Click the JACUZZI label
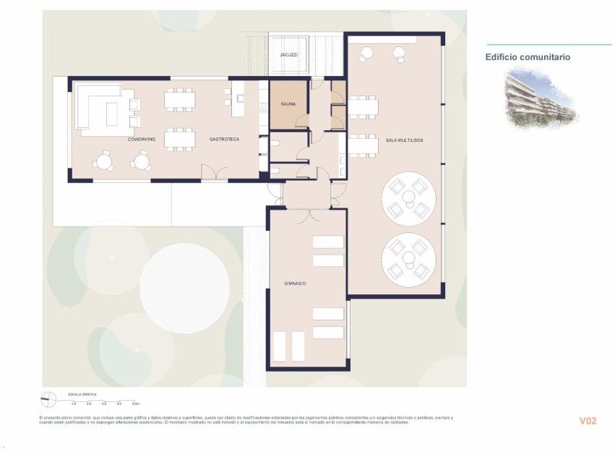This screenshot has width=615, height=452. pos(289,55)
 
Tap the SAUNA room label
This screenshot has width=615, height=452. pos(288,106)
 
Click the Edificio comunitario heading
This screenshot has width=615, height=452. pos(528,57)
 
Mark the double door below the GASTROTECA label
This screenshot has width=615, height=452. pos(209,174)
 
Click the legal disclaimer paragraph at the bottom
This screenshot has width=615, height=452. pos(246,420)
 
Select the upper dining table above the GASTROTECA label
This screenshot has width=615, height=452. pos(179,100)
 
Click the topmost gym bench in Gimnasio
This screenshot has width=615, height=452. pos(328,242)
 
